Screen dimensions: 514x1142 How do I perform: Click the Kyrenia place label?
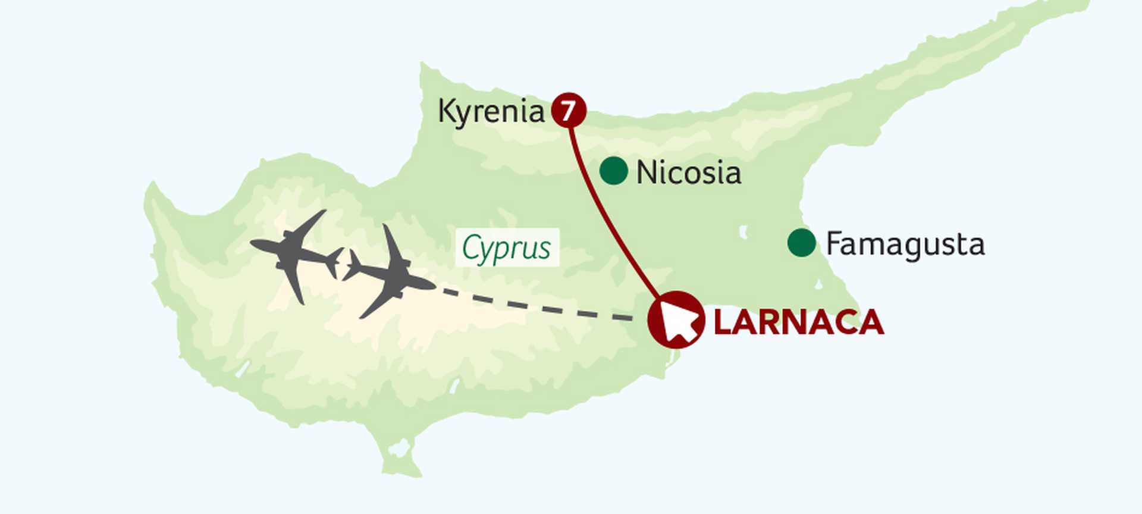(x=491, y=111)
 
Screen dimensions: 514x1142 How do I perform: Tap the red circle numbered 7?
(x=569, y=110)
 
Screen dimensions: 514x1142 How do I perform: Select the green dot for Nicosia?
(x=613, y=171)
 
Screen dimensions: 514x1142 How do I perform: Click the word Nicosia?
(x=689, y=173)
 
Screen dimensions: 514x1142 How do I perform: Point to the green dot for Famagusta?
(x=801, y=243)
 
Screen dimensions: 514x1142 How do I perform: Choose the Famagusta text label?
(x=905, y=245)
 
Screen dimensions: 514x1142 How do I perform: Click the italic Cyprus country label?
(x=507, y=247)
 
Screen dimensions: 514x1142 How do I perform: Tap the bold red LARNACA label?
(x=798, y=322)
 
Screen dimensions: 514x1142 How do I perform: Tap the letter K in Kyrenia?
(x=446, y=111)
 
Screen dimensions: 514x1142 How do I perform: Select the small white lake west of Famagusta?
(x=743, y=231)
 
